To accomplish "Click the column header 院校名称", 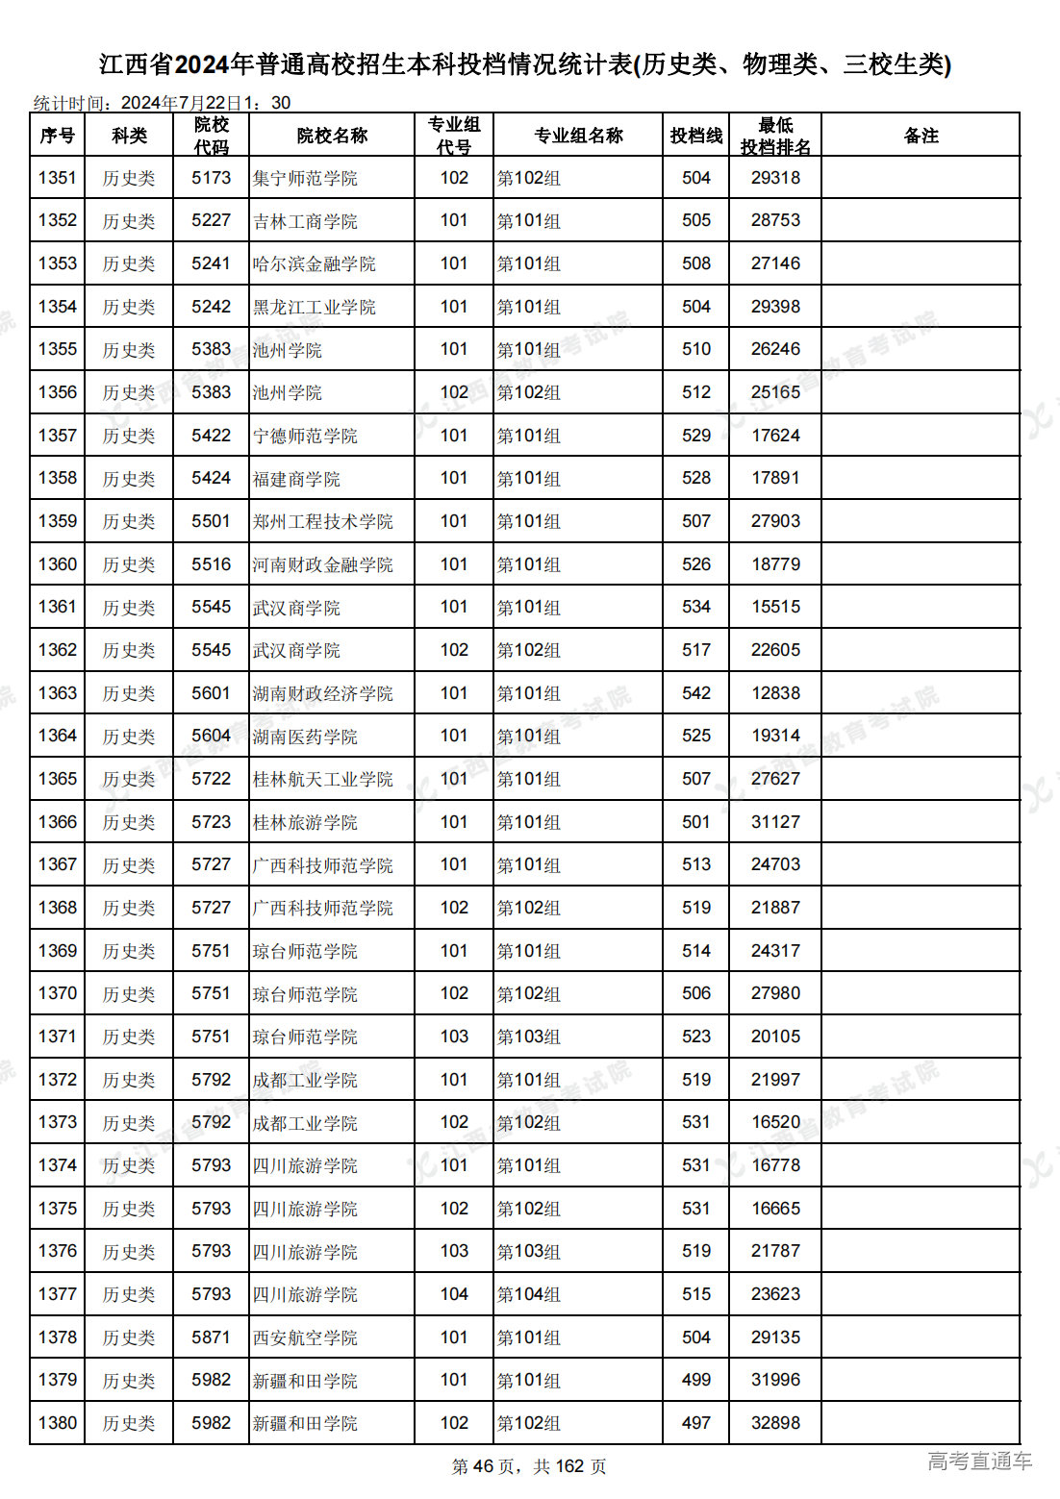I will pyautogui.click(x=332, y=136).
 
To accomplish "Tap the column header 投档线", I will pyautogui.click(x=695, y=136).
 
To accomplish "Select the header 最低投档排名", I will pyautogui.click(x=775, y=136).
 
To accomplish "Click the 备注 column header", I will pyautogui.click(x=921, y=136).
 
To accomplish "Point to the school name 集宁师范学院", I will pyautogui.click(x=305, y=178).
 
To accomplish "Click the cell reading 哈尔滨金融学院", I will pyautogui.click(x=314, y=263).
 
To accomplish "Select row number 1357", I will pyautogui.click(x=58, y=436).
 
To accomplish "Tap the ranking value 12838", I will pyautogui.click(x=775, y=693).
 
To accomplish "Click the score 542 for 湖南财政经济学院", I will pyautogui.click(x=695, y=693).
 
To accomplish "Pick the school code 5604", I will pyautogui.click(x=211, y=736).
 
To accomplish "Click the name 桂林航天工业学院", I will pyautogui.click(x=322, y=779).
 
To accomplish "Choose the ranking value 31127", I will pyautogui.click(x=775, y=822).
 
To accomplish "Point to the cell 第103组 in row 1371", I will pyautogui.click(x=528, y=1037).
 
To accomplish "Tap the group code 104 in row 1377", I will pyautogui.click(x=454, y=1294).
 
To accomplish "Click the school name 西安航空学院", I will pyautogui.click(x=305, y=1337).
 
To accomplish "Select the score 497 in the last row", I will pyautogui.click(x=695, y=1423).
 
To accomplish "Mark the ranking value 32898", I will pyautogui.click(x=775, y=1423).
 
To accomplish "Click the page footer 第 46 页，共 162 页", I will pyautogui.click(x=529, y=1466).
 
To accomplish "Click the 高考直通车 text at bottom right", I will pyautogui.click(x=979, y=1462).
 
